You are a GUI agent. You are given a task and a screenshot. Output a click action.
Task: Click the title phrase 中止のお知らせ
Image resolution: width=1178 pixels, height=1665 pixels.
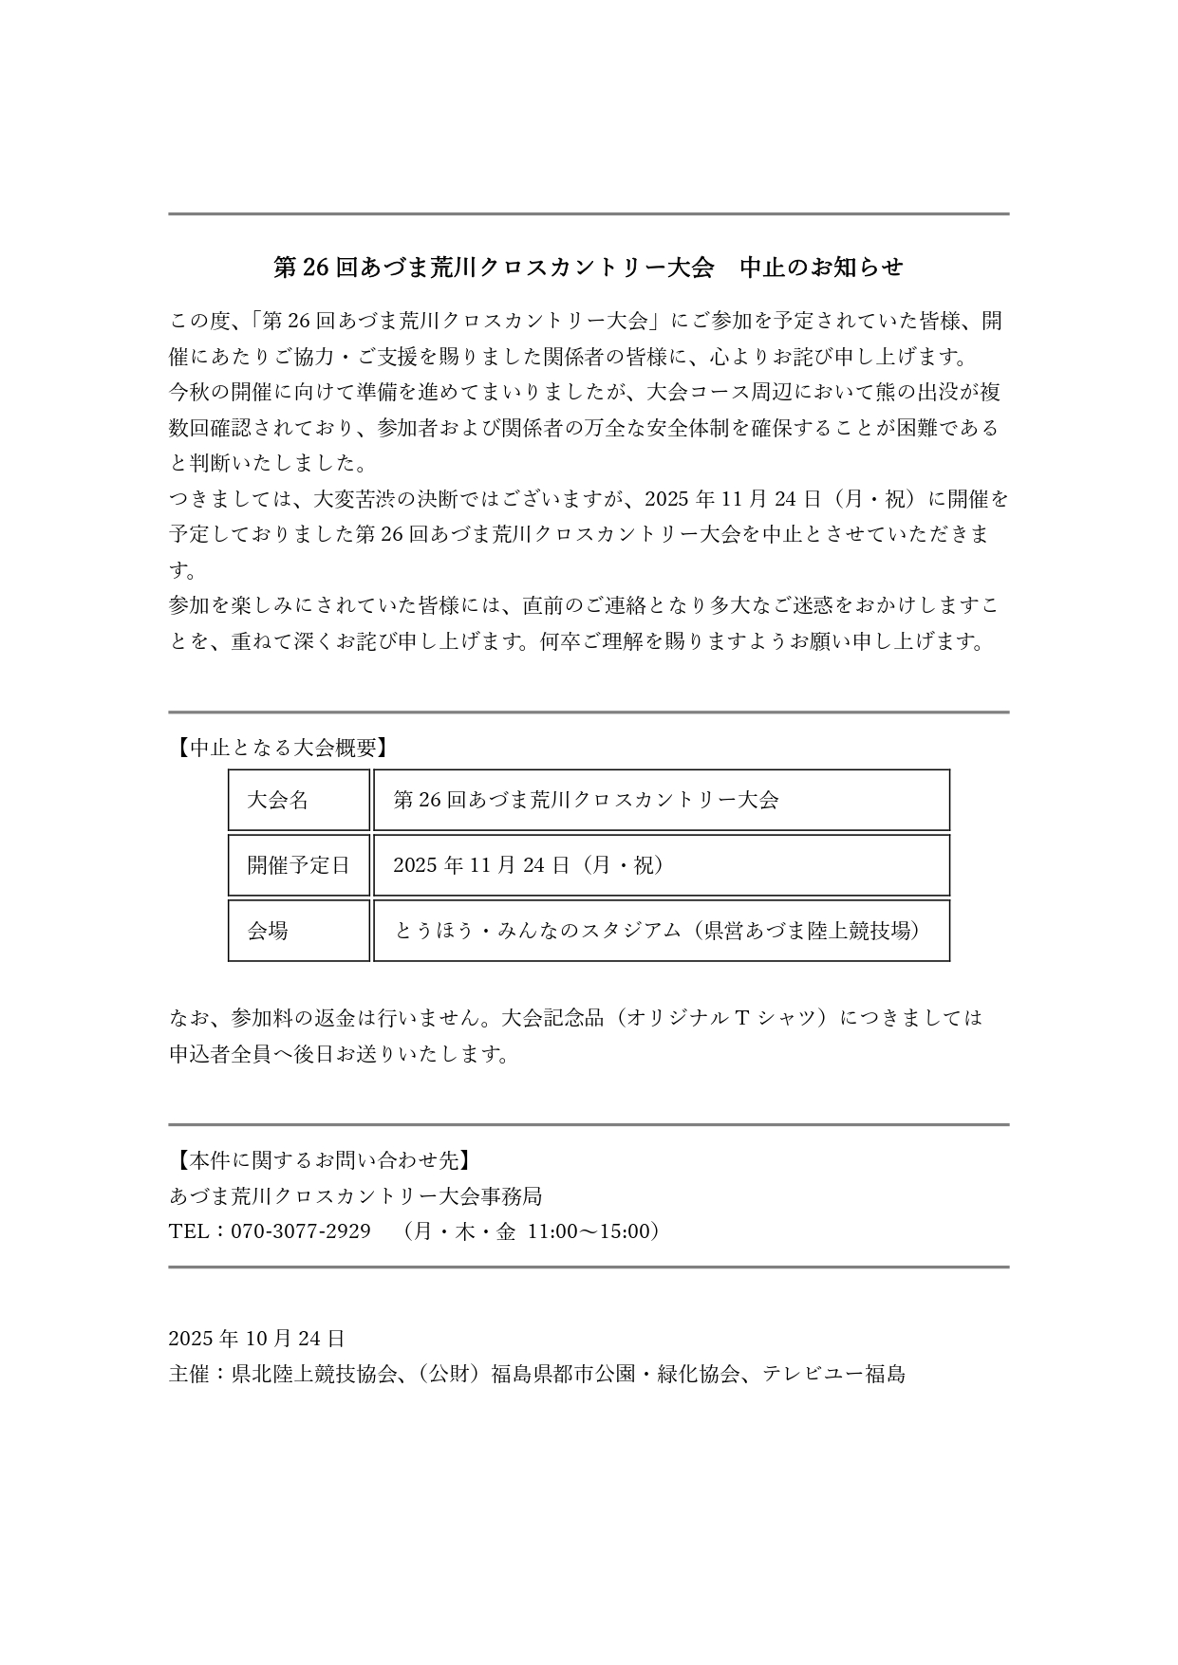click(x=821, y=268)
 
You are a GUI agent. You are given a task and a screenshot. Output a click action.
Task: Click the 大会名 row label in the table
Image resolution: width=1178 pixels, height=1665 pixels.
click(x=278, y=800)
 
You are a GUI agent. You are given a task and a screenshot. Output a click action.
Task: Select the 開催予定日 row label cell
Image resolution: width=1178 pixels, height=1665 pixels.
click(x=298, y=865)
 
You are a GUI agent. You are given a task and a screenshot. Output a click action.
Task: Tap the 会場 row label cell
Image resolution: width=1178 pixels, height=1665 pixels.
click(x=268, y=931)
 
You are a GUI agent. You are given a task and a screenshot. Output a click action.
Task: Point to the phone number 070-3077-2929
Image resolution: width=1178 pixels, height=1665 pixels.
click(x=301, y=1231)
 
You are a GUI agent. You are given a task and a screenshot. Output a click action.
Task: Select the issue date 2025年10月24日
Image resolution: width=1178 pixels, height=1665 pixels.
click(x=257, y=1339)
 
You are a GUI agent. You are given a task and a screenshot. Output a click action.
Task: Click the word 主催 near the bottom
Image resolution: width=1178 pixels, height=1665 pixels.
click(x=189, y=1374)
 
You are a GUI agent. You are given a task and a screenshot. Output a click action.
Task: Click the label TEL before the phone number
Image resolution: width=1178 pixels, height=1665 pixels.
click(x=188, y=1231)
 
